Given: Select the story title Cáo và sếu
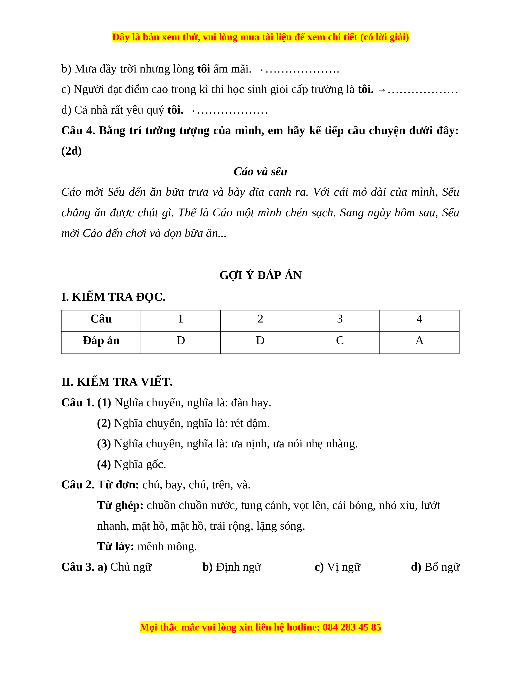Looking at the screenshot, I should tap(260, 172).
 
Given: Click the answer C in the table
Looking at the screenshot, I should tap(340, 341).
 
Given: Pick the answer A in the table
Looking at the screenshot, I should tap(419, 341).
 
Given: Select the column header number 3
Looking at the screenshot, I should tap(340, 319).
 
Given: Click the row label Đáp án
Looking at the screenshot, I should tap(101, 341).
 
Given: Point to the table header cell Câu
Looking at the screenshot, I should tap(101, 319).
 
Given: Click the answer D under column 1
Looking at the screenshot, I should tap(181, 341).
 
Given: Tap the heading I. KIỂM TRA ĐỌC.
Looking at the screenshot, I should tap(113, 297).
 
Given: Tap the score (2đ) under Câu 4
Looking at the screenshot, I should tap(71, 151).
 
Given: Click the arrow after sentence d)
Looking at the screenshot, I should tap(191, 110).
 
